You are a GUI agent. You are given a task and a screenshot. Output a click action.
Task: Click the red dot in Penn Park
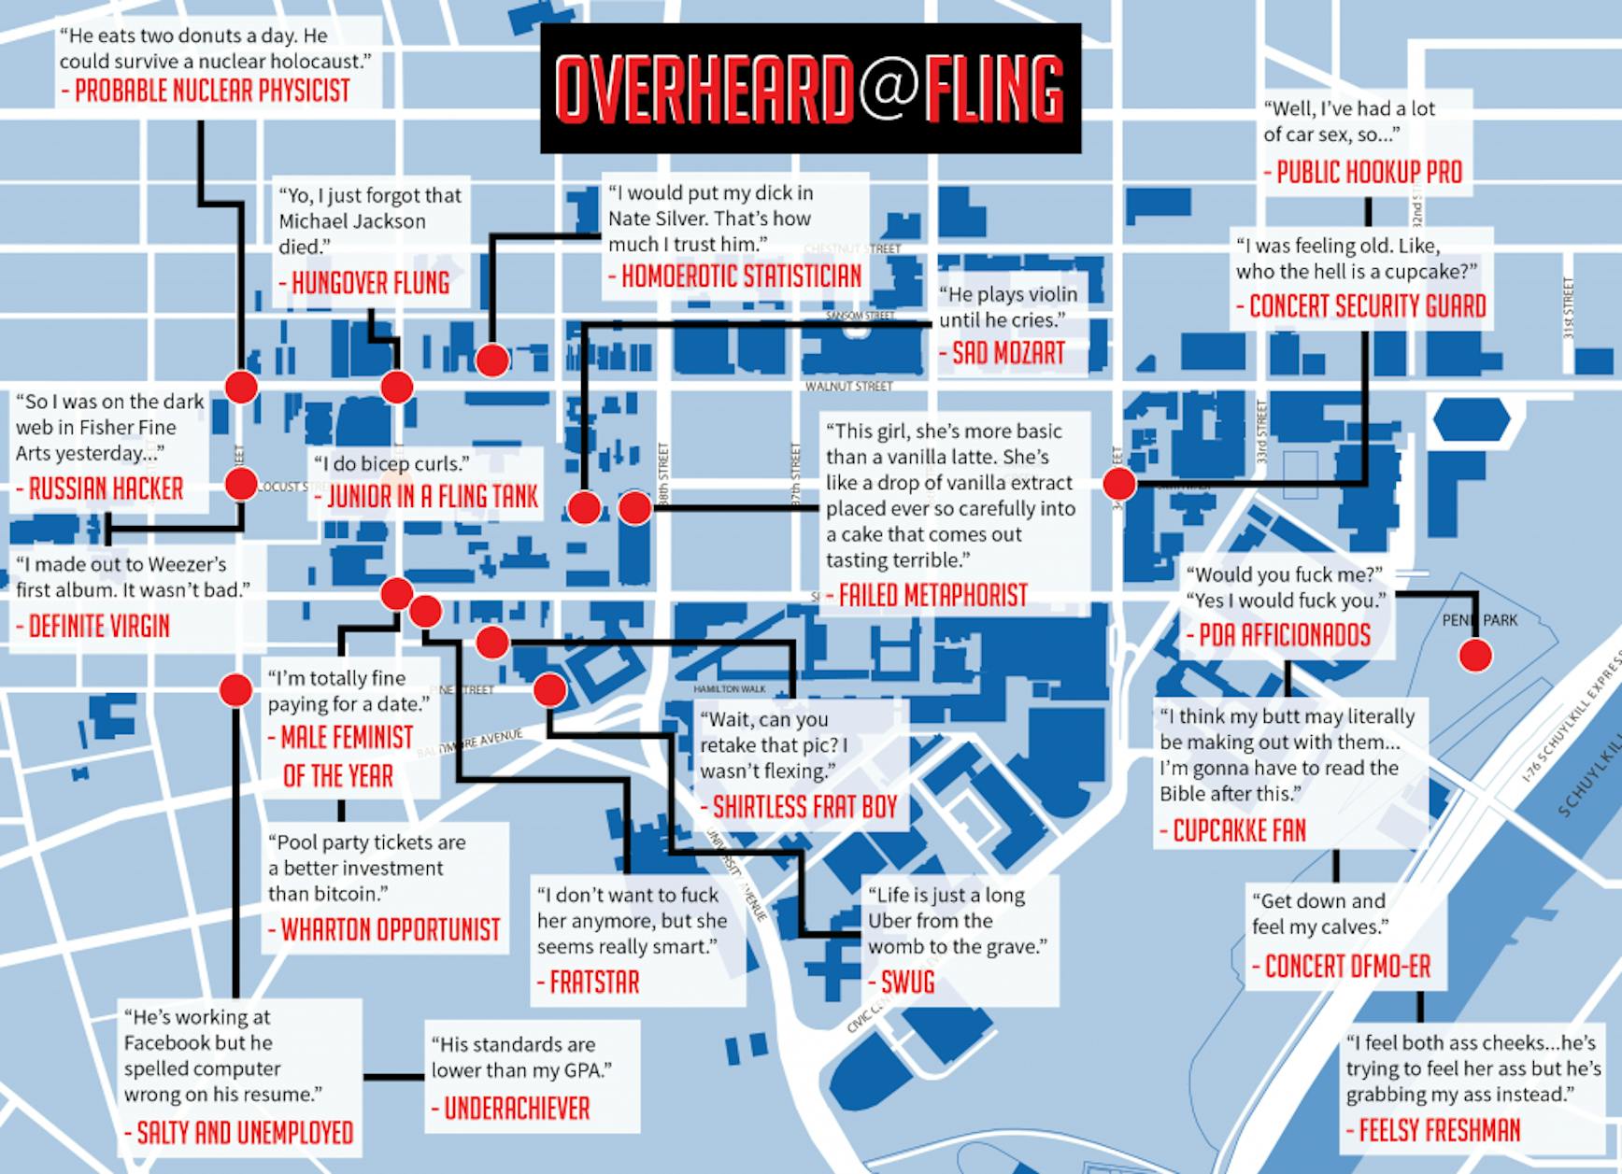[1475, 655]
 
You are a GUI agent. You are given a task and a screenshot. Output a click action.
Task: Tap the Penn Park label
[1479, 619]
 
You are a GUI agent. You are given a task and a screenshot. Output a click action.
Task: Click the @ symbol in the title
[889, 89]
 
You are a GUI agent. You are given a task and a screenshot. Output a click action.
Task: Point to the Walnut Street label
[848, 386]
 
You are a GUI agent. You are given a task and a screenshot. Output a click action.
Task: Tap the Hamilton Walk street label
[729, 688]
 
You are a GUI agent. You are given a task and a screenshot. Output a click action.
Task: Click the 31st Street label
[1569, 307]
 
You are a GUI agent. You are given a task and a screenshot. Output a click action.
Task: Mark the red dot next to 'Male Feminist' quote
[236, 690]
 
